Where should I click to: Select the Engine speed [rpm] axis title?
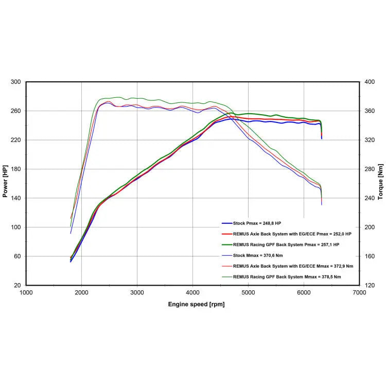[x=196, y=304]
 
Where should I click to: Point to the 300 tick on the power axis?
[x=16, y=82]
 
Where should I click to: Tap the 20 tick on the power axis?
[x=17, y=285]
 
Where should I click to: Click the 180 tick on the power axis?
[x=16, y=169]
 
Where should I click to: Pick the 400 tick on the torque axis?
[x=369, y=82]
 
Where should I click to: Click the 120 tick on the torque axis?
[x=369, y=285]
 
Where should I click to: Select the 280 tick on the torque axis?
[x=369, y=169]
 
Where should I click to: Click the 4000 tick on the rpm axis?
[x=192, y=292]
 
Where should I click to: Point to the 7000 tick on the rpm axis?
[x=359, y=292]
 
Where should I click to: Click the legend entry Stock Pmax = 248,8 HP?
[x=257, y=223]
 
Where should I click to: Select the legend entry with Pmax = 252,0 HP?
[x=292, y=234]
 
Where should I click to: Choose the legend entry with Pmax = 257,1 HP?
[x=286, y=244]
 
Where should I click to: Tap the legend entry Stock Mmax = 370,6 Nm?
[x=257, y=255]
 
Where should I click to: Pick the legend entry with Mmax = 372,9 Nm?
[x=293, y=266]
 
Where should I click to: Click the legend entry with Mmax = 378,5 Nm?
[x=287, y=277]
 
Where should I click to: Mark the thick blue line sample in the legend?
[x=226, y=223]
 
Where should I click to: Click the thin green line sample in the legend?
[x=226, y=277]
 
